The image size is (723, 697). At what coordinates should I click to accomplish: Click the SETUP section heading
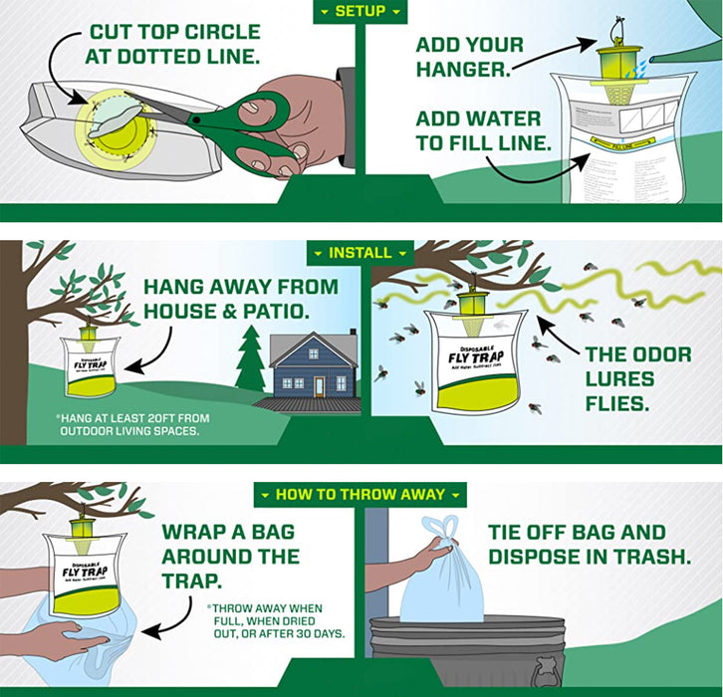click(361, 11)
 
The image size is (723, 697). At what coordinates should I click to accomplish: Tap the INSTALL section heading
click(361, 253)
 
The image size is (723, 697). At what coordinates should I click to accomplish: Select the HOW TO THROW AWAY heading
click(361, 495)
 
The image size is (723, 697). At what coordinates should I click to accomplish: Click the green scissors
click(239, 124)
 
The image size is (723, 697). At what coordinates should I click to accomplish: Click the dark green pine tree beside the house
click(250, 363)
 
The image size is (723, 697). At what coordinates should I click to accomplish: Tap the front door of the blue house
click(318, 385)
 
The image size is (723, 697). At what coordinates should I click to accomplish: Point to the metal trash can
click(468, 652)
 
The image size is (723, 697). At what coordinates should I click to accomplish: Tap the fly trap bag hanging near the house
click(91, 366)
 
